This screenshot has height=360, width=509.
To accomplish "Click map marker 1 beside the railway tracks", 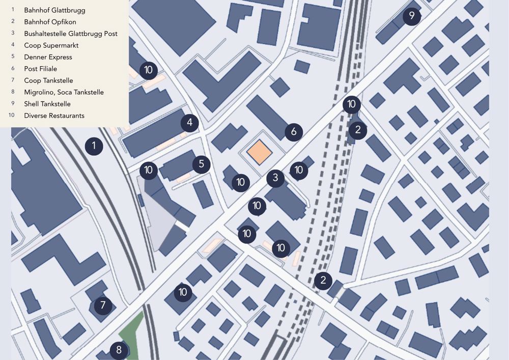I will pos(94,147).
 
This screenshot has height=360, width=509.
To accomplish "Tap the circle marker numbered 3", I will pos(275,178).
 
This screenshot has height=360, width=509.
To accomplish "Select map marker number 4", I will pos(189,123).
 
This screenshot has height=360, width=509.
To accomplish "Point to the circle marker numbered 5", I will pos(202,164).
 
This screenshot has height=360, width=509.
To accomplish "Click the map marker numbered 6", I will pos(294,132).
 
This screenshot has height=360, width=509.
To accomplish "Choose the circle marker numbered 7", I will pos(103,306).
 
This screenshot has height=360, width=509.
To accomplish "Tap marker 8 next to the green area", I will pos(119,350).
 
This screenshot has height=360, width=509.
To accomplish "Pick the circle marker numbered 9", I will pos(412,16).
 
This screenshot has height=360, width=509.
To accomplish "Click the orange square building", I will pos(260,152).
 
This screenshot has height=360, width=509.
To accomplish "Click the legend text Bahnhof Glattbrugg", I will pos(54,10).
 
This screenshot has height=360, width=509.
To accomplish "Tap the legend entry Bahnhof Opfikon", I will pos(50,22).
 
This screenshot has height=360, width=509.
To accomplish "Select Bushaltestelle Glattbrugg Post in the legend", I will pos(71,34).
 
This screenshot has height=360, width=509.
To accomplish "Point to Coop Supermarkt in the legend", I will pos(51,45).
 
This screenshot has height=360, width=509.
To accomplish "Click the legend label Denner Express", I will pos(48,57).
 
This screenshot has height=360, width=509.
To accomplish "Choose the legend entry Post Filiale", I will pos(40,69).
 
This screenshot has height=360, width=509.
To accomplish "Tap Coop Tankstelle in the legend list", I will pos(48,80).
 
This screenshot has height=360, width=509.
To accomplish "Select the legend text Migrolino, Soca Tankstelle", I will pos(64,92).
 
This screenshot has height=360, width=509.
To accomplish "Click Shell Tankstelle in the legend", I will pos(47,104).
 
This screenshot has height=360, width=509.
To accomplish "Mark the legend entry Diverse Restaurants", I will pos(54,116).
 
